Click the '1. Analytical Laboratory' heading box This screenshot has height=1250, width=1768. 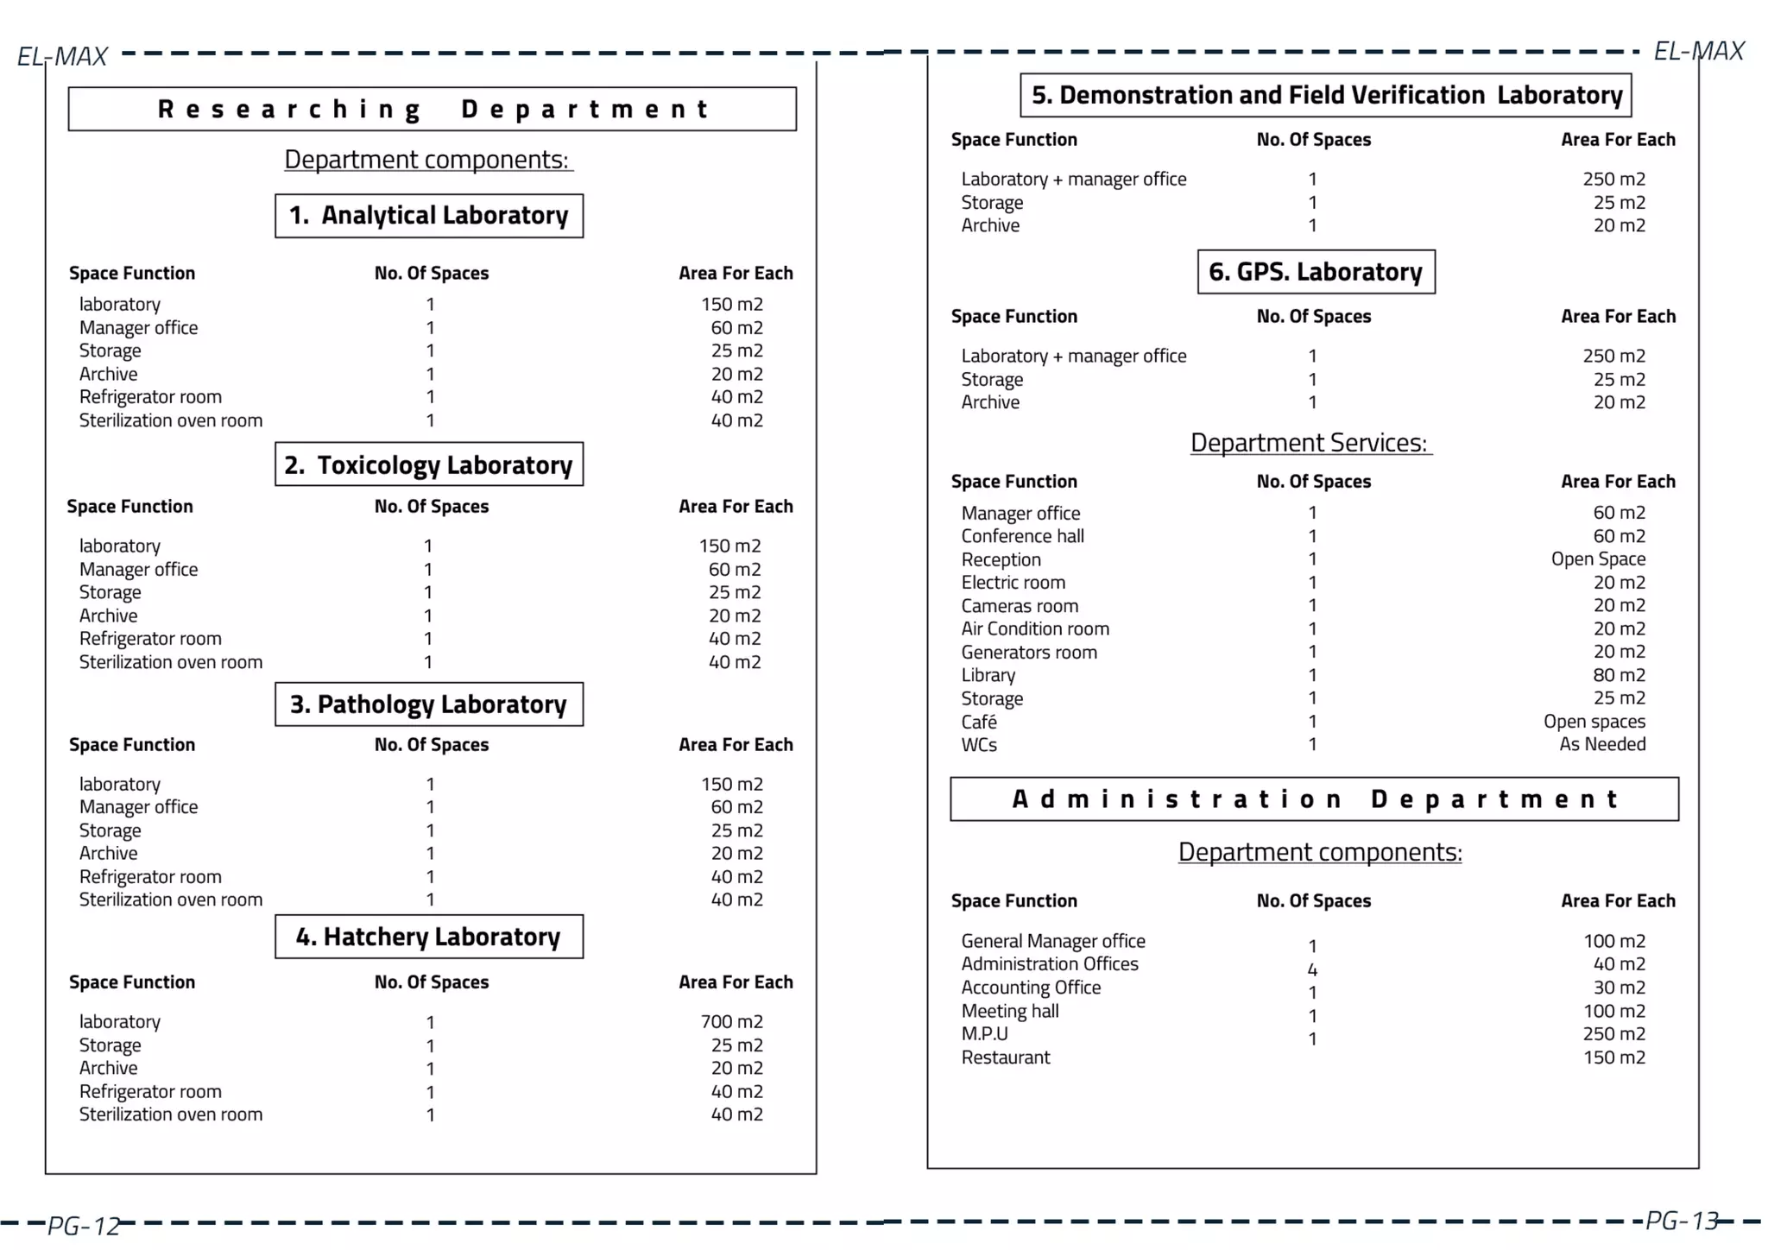click(x=429, y=216)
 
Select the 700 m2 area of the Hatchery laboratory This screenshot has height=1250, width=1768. click(x=731, y=1022)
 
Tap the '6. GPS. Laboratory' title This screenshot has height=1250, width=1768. click(x=1316, y=272)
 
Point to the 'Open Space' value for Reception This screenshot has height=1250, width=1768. click(x=1598, y=559)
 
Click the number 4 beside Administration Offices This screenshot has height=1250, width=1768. click(x=1312, y=969)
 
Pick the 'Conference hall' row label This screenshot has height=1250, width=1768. click(x=1022, y=536)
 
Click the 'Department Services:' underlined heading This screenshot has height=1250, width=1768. click(x=1309, y=443)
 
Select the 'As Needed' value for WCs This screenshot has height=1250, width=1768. click(x=1602, y=744)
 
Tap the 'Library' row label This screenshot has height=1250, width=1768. click(x=988, y=675)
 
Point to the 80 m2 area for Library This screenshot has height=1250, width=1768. click(x=1619, y=675)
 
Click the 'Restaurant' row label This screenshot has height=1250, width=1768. click(x=1006, y=1057)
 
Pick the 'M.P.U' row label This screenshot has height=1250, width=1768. click(x=984, y=1034)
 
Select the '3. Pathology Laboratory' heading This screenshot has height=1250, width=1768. click(x=429, y=704)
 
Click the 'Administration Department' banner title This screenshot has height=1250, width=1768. click(x=1314, y=799)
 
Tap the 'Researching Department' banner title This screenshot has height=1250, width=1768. click(x=433, y=110)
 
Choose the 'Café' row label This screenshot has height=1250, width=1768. click(x=979, y=722)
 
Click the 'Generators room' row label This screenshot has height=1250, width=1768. click(x=1029, y=653)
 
